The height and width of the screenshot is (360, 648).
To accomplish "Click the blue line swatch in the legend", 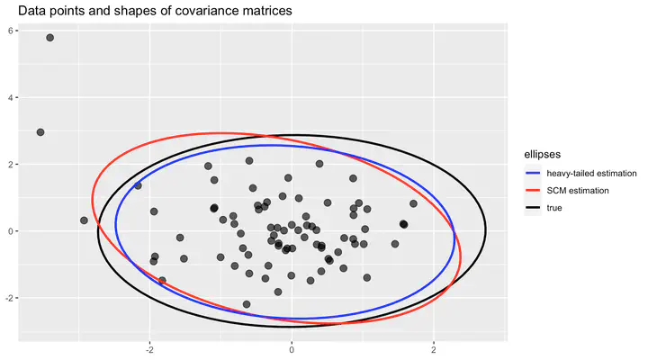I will pos(532,172).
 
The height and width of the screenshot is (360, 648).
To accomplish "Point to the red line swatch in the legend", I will pos(532,191).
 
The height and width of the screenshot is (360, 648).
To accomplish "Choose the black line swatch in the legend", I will pos(532,209).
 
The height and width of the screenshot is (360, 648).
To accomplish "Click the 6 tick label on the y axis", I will pos(12,31).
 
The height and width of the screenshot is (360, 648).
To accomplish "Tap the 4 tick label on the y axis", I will pos(12,97).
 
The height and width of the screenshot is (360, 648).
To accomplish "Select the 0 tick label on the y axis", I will pos(12,231).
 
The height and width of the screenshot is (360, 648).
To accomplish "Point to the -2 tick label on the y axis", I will pos(10,298).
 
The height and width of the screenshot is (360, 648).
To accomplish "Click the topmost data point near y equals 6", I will pos(50,38).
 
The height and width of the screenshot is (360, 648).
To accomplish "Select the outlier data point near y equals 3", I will pos(40,132).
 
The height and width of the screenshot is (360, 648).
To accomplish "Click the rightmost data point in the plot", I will pos(413,203).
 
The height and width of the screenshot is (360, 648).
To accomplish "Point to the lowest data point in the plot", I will pos(247,304).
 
